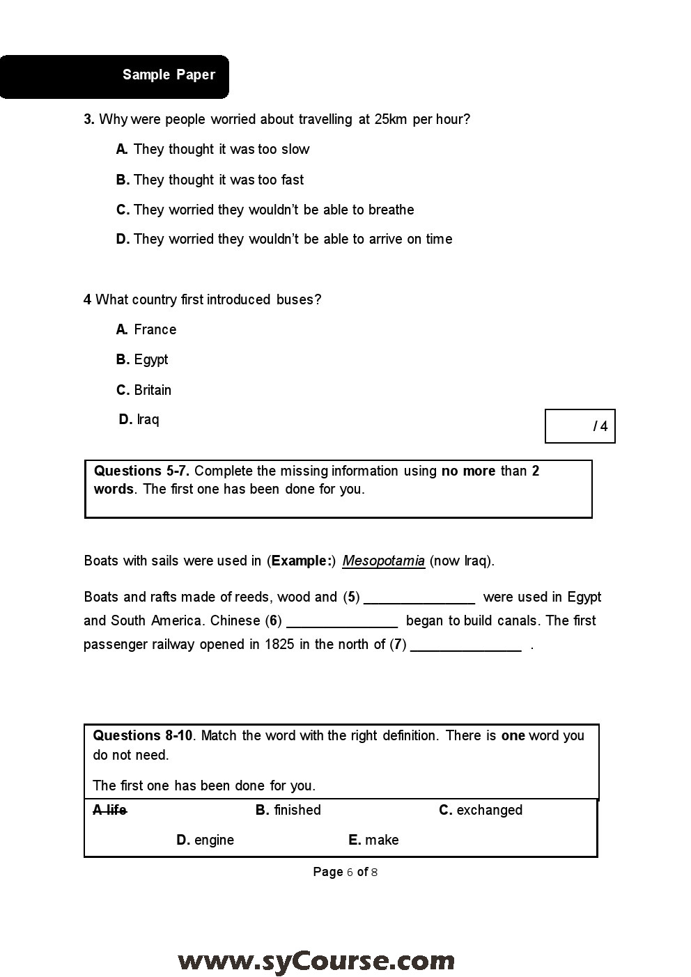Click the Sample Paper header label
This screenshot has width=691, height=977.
pyautogui.click(x=169, y=75)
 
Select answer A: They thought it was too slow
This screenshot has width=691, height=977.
pyautogui.click(x=212, y=150)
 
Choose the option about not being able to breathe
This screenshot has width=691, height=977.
pyautogui.click(x=265, y=210)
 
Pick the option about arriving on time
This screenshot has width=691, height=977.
pyautogui.click(x=284, y=240)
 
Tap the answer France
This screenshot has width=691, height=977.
pyautogui.click(x=146, y=330)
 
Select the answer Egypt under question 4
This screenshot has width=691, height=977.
pyautogui.click(x=142, y=360)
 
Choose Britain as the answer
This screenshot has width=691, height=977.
pyautogui.click(x=143, y=390)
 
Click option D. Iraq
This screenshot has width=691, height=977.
pyautogui.click(x=139, y=419)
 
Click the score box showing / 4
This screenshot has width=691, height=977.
pyautogui.click(x=580, y=426)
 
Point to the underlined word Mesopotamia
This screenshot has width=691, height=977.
pyautogui.click(x=383, y=561)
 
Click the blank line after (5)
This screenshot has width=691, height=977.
pyautogui.click(x=419, y=599)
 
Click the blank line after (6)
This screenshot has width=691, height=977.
pyautogui.click(x=342, y=623)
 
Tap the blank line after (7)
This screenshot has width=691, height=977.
pyautogui.click(x=466, y=646)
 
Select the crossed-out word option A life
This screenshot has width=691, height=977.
pyautogui.click(x=110, y=810)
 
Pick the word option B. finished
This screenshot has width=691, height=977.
pyautogui.click(x=288, y=811)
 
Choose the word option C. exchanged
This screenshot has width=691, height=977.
pyautogui.click(x=481, y=811)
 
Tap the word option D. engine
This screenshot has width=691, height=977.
pyautogui.click(x=205, y=841)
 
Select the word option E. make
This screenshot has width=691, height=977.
pyautogui.click(x=373, y=841)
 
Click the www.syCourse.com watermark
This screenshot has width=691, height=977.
pyautogui.click(x=316, y=962)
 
